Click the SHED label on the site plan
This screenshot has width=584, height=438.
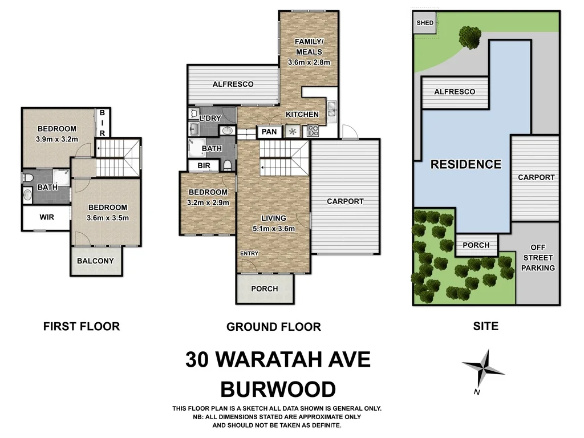click(x=425, y=23)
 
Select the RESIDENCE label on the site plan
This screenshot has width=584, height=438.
click(x=465, y=165)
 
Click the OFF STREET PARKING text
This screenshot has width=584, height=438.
click(x=538, y=258)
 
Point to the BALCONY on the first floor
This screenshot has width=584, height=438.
click(x=95, y=261)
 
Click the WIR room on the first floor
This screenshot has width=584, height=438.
click(x=46, y=217)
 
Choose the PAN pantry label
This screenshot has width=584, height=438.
click(x=269, y=132)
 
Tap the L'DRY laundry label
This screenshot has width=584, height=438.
click(x=210, y=118)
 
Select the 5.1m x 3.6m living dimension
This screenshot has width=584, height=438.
click(x=274, y=229)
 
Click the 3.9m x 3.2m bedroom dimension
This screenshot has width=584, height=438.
click(x=57, y=138)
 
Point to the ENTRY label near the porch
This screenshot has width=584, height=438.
click(x=249, y=253)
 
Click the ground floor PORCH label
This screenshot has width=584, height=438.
click(x=265, y=289)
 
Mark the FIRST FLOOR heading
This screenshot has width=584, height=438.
click(x=82, y=327)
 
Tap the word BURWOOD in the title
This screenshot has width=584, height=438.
click(x=278, y=390)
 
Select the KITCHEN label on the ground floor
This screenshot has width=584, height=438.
click(x=302, y=115)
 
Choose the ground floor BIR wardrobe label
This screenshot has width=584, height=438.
click(x=204, y=165)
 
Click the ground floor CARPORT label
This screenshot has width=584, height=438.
click(x=345, y=201)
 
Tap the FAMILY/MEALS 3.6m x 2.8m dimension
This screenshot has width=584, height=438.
click(x=309, y=62)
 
